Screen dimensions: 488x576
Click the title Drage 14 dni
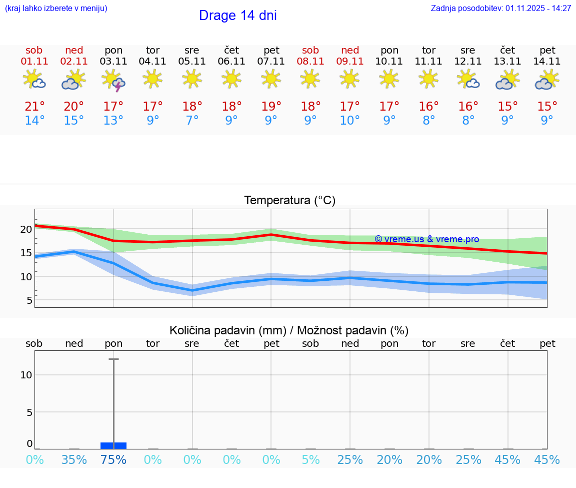pyautogui.click(x=237, y=16)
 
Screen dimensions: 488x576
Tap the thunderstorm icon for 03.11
pyautogui.click(x=113, y=81)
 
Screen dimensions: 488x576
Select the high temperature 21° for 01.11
pyautogui.click(x=34, y=107)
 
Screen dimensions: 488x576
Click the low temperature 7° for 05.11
pyautogui.click(x=192, y=121)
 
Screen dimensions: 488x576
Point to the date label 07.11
pyautogui.click(x=271, y=62)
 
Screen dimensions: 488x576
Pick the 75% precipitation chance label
pyautogui.click(x=113, y=460)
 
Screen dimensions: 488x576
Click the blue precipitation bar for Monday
pyautogui.click(x=113, y=445)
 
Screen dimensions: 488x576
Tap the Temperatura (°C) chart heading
pyautogui.click(x=289, y=201)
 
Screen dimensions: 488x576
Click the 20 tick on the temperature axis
pyautogui.click(x=26, y=229)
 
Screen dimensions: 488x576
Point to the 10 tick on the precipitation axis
pyautogui.click(x=26, y=375)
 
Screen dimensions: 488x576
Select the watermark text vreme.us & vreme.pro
pyautogui.click(x=426, y=239)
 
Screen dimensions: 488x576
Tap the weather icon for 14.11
pyautogui.click(x=547, y=81)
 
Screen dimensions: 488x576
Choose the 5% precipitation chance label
pyautogui.click(x=310, y=460)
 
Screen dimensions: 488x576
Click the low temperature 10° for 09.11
pyautogui.click(x=350, y=121)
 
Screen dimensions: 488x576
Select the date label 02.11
pyautogui.click(x=74, y=62)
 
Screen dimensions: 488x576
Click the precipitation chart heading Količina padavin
pyautogui.click(x=289, y=330)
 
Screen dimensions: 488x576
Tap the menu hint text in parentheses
pyautogui.click(x=56, y=9)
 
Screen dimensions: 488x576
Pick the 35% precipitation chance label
pyautogui.click(x=74, y=460)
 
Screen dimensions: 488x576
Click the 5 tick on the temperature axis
pyautogui.click(x=29, y=300)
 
